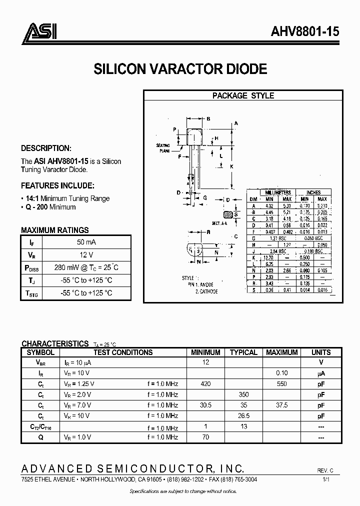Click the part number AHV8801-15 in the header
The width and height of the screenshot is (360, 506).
[x=305, y=32]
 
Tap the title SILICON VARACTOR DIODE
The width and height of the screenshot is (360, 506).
[x=180, y=69]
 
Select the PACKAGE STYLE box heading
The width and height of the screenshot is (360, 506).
[x=243, y=95]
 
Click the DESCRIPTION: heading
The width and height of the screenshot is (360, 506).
[x=46, y=148]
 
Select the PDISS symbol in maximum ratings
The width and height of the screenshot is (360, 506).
[x=31, y=267]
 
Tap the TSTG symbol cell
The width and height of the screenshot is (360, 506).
[x=31, y=293]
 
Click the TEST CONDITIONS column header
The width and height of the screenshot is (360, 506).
[x=123, y=352]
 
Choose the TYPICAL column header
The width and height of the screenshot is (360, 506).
[x=243, y=352]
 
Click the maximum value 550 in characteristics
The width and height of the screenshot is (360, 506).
[x=281, y=384]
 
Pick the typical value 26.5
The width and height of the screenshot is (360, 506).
[x=243, y=415]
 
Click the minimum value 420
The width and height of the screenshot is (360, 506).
[x=205, y=384]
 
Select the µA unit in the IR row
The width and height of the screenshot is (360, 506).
[x=321, y=373]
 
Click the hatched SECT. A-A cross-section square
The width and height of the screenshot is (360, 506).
[x=229, y=214]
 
